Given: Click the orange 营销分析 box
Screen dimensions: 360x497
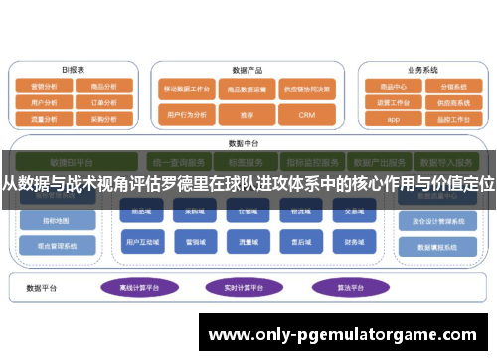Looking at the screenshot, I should pos(44,86).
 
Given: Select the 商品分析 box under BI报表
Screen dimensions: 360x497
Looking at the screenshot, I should pos(103,86).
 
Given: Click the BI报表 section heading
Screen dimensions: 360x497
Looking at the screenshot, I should pos(74,70).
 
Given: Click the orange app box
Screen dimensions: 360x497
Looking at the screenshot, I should pos(393,118).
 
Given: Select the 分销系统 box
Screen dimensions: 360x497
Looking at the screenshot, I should pos(451,86).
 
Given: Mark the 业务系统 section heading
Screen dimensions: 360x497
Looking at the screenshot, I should pos(422,70).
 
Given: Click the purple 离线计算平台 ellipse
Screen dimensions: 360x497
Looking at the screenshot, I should pos(140,287).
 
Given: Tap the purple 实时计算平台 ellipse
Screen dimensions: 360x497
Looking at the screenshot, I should pos(245,287).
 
